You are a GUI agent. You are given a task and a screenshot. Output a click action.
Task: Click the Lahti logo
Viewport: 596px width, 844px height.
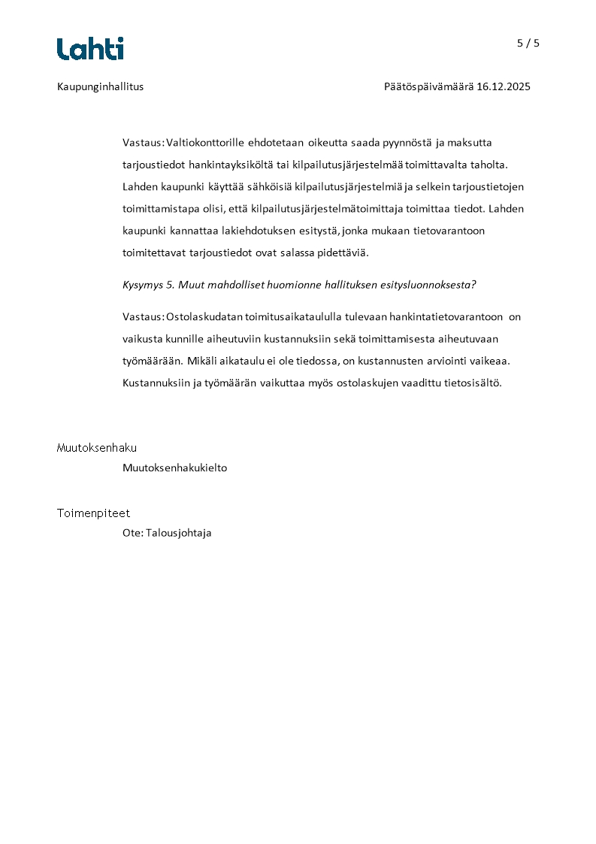point(90,49)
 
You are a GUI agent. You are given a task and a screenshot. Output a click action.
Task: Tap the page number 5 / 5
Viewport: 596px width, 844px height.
point(528,43)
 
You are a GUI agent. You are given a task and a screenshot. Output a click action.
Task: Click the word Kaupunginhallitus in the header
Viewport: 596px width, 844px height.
point(100,86)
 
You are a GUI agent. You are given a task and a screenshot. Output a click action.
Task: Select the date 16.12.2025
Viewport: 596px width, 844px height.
point(504,86)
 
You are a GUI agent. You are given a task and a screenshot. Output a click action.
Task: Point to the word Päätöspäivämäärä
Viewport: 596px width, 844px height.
point(428,86)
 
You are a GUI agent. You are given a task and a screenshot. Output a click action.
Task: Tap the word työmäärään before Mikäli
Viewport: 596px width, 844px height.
point(153,361)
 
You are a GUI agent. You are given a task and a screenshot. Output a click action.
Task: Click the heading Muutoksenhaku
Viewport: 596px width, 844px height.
point(97,448)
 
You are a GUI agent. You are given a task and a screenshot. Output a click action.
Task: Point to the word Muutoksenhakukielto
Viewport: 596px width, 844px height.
point(174,467)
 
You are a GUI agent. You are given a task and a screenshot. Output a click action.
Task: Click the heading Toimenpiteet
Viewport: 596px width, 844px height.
point(93,513)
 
